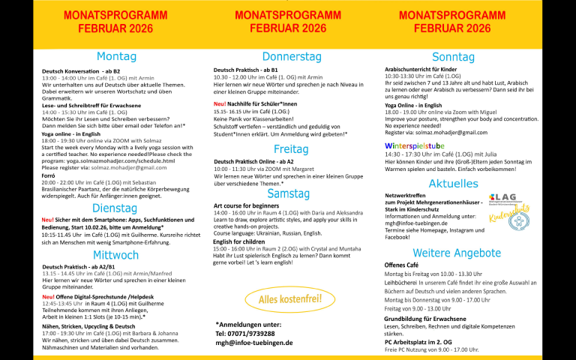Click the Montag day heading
pyautogui.click(x=116, y=56)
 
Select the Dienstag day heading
pyautogui.click(x=115, y=208)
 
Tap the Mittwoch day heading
pyautogui.click(x=116, y=255)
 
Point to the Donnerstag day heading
pyautogui.click(x=291, y=56)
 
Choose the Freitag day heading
pyautogui.click(x=291, y=148)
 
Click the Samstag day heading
pyautogui.click(x=289, y=193)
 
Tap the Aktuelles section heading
pyautogui.click(x=454, y=184)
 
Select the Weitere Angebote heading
pyautogui.click(x=457, y=253)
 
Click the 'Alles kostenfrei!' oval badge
pyautogui.click(x=289, y=300)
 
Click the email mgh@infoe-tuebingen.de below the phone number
pyautogui.click(x=254, y=343)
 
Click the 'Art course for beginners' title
pyautogui.click(x=247, y=205)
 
